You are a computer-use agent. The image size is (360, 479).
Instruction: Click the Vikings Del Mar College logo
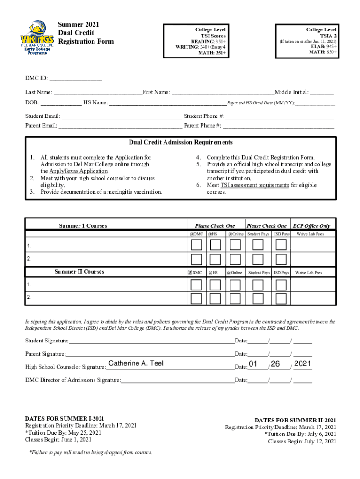pos(36,37)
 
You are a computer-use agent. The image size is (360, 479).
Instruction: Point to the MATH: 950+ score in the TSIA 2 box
pos(323,52)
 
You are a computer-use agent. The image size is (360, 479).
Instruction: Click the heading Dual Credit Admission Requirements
pos(180,143)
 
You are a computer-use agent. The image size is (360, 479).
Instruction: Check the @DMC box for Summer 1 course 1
pos(196,245)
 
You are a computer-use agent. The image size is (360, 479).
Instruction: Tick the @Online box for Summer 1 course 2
pos(234,259)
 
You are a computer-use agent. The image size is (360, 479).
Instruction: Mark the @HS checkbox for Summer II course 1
pos(215,285)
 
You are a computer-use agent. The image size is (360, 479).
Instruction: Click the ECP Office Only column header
pos(311,226)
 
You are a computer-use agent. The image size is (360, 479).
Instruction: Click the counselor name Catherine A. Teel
pos(136,363)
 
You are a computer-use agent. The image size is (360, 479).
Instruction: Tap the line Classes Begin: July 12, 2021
pos(302,441)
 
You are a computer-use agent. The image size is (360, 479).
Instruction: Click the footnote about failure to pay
pos(90,452)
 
